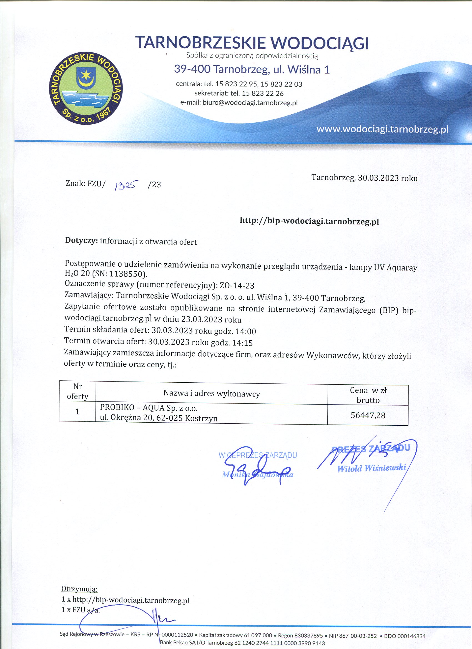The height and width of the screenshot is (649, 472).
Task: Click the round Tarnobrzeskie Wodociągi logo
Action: click(86, 89)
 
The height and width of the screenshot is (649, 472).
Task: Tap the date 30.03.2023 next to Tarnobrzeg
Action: click(378, 178)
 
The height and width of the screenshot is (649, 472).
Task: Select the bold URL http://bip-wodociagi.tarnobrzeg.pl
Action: click(309, 221)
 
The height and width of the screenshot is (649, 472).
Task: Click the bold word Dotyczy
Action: click(81, 240)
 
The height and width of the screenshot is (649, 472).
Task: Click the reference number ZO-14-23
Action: click(237, 286)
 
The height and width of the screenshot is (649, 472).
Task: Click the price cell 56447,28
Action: click(368, 415)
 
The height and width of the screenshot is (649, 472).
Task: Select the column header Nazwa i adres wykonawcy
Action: click(212, 393)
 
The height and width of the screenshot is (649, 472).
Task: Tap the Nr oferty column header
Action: click(77, 392)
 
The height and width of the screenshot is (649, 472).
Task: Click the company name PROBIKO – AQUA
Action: click(132, 407)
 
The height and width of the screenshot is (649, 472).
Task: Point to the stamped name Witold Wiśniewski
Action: click(371, 468)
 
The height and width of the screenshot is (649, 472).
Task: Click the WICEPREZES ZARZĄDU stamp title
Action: click(257, 455)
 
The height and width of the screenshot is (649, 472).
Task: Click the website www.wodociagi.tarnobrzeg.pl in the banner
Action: click(382, 129)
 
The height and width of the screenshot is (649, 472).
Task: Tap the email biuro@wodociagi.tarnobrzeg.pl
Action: click(250, 103)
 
